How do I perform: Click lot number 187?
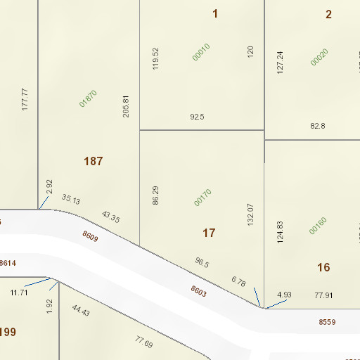(94, 161)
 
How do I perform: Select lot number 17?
(209, 233)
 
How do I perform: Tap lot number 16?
(323, 267)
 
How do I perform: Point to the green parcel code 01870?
(88, 98)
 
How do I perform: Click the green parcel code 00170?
(202, 198)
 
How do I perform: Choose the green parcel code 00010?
(202, 52)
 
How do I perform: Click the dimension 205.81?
(127, 106)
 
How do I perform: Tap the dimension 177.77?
(25, 99)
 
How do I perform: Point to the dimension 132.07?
(250, 214)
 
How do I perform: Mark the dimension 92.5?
(197, 117)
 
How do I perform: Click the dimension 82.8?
(318, 126)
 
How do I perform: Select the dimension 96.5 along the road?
(202, 263)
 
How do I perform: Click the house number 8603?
(198, 290)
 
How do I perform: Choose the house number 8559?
(327, 321)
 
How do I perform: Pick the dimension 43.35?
(110, 217)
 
